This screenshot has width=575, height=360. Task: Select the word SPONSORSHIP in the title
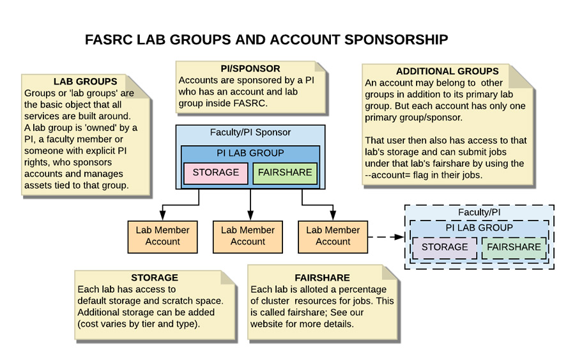tap(397, 40)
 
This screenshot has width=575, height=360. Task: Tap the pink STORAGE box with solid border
tap(215, 173)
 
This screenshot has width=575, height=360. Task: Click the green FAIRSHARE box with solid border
tap(285, 173)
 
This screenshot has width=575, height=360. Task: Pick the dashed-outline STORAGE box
tap(445, 247)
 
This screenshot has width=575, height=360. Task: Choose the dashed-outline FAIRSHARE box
tap(514, 247)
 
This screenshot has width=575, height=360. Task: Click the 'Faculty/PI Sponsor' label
tap(250, 132)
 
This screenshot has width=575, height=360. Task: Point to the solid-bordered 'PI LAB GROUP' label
tap(250, 153)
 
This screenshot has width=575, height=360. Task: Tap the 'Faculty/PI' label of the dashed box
tap(479, 212)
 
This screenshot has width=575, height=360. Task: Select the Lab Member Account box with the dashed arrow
tap(333, 236)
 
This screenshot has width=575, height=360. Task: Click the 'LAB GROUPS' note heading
tap(85, 81)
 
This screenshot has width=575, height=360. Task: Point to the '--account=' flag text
tap(388, 175)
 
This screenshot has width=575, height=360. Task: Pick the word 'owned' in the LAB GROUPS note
tap(102, 127)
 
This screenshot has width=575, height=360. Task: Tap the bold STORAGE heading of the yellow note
tap(154, 278)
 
